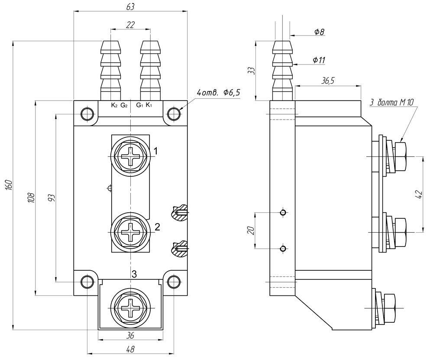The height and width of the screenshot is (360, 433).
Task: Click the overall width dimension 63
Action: click(x=131, y=6)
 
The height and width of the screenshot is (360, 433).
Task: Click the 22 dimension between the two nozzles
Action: click(x=130, y=25)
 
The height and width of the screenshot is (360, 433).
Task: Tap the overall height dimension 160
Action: click(x=8, y=185)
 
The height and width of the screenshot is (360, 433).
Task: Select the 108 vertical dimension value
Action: click(x=30, y=198)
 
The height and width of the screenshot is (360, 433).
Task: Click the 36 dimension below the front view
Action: click(x=130, y=335)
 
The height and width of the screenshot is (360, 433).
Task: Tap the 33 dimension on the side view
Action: click(x=251, y=71)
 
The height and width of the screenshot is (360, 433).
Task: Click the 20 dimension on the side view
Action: click(x=250, y=230)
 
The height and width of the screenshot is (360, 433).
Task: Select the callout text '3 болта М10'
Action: click(x=392, y=102)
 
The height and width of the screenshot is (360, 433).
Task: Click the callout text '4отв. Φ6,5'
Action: click(x=218, y=93)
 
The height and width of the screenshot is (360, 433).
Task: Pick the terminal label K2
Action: click(x=114, y=105)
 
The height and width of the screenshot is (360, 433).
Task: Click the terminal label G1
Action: click(x=139, y=105)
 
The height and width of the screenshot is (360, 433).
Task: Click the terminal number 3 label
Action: click(x=134, y=274)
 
